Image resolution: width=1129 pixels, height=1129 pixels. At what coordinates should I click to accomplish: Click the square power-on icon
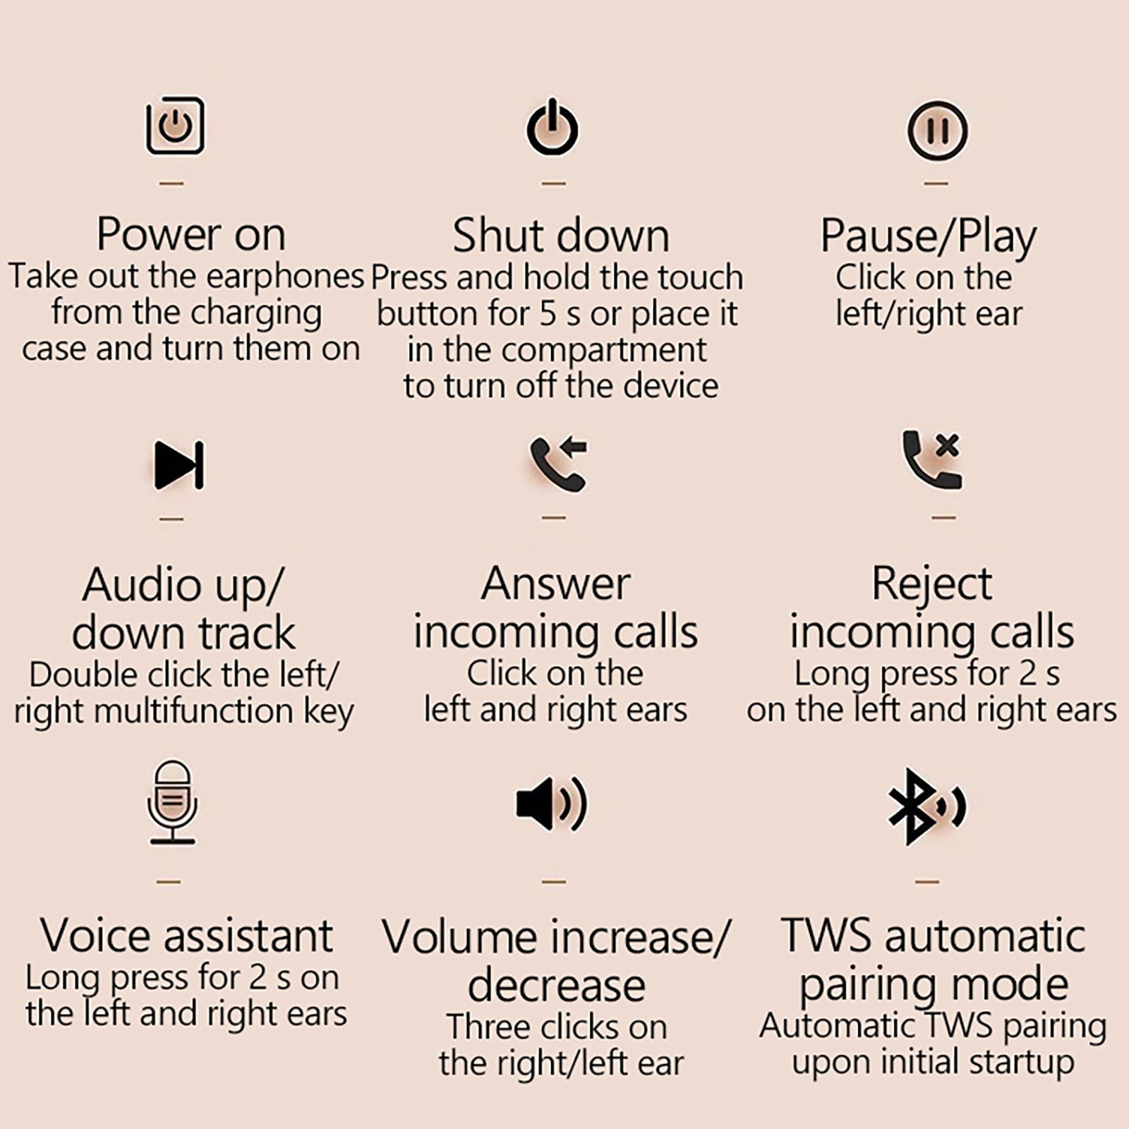click(175, 126)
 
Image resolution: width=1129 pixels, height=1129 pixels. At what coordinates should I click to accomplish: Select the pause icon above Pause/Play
click(937, 131)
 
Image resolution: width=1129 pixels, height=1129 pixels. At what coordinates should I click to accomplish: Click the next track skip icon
click(179, 465)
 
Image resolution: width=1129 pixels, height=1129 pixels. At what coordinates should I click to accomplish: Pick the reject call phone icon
click(932, 459)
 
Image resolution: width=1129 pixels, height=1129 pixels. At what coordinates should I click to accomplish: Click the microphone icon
click(172, 802)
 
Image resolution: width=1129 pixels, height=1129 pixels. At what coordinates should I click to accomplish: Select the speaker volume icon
click(551, 804)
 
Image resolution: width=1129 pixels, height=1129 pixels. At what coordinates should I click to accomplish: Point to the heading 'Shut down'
click(560, 235)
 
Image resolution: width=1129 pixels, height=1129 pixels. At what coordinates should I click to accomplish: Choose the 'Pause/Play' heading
click(928, 236)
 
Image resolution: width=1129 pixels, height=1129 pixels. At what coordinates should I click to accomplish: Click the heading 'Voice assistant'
click(186, 936)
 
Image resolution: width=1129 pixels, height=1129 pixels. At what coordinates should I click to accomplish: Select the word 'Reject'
click(931, 585)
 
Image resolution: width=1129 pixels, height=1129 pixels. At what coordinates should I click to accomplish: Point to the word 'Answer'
click(555, 584)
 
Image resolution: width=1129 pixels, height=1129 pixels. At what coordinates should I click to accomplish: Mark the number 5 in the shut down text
click(548, 314)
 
